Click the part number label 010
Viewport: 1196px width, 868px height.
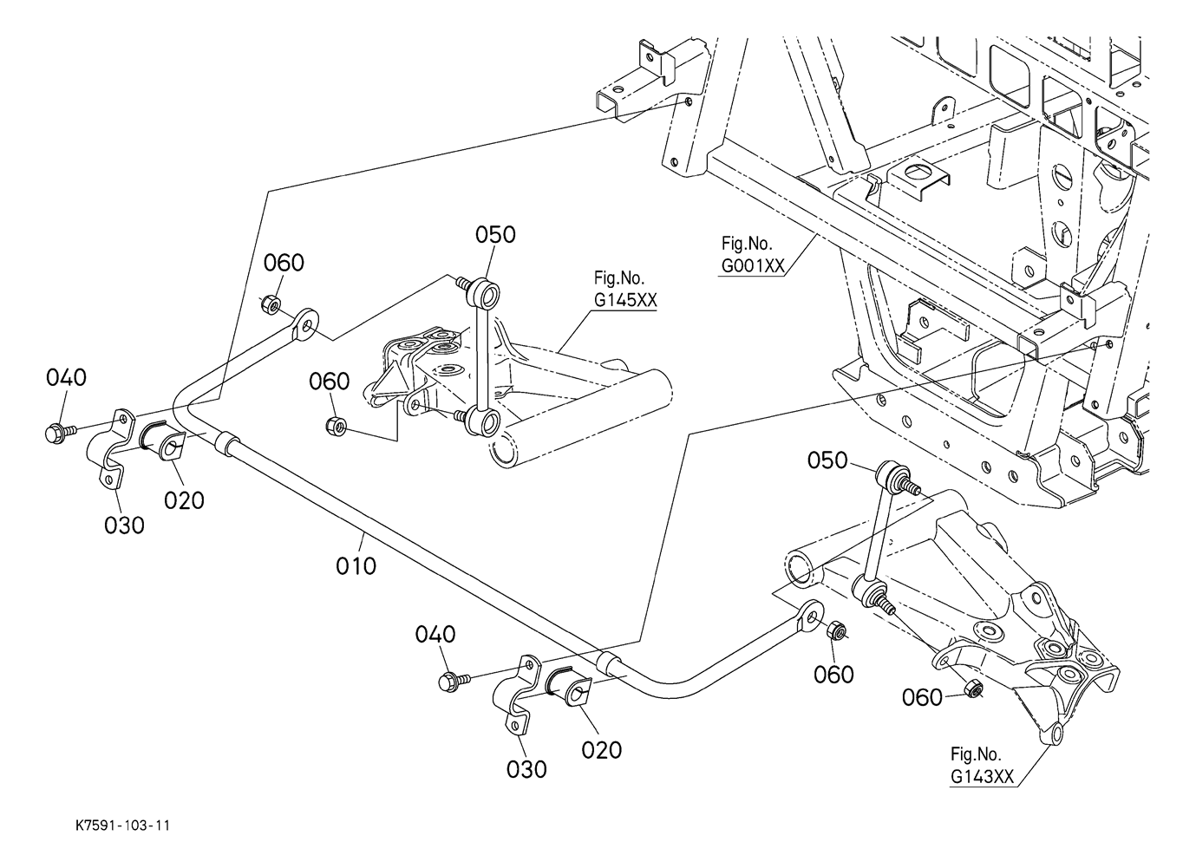click(356, 565)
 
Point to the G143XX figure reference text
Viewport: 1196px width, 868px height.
click(982, 776)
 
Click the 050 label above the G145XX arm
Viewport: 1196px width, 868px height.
click(495, 234)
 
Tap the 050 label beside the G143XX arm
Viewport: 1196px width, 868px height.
click(827, 460)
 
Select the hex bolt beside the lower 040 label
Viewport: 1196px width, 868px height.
click(452, 680)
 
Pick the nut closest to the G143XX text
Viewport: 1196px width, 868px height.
click(973, 689)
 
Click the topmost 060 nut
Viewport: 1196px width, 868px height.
click(270, 303)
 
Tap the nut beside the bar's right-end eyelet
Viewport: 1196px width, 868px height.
click(837, 631)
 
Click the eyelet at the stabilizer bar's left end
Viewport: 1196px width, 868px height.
click(304, 326)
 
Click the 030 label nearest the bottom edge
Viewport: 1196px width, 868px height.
click(527, 768)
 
